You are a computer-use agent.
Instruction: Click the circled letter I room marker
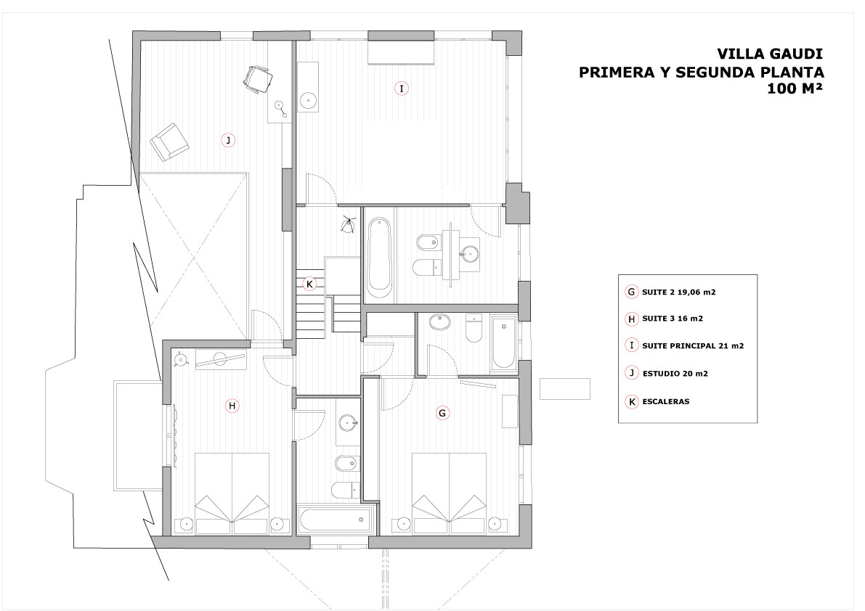[x=401, y=88]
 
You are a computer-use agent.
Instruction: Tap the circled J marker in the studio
[x=228, y=141]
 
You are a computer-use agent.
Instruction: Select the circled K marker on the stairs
[x=309, y=284]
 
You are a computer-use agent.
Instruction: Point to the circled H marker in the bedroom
[x=232, y=406]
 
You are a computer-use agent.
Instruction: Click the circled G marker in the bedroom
[x=442, y=413]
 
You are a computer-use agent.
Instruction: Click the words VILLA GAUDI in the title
[x=770, y=54]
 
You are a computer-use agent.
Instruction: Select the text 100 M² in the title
[x=795, y=88]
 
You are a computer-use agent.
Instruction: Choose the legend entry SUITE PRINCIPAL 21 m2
[x=693, y=346]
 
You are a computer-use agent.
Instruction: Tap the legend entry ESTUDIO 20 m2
[x=675, y=374]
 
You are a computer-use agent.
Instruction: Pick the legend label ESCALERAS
[x=666, y=401]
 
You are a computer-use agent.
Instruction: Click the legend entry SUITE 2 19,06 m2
[x=678, y=292]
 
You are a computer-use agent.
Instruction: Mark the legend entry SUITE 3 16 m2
[x=673, y=319]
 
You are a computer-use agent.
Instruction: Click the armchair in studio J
[x=169, y=142]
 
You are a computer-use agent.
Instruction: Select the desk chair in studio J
[x=257, y=79]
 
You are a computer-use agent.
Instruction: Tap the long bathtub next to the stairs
[x=380, y=254]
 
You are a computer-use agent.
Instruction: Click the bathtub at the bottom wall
[x=334, y=520]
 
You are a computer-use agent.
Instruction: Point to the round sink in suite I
[x=308, y=100]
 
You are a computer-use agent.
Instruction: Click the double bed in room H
[x=232, y=493]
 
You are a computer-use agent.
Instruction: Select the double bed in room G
[x=449, y=493]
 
